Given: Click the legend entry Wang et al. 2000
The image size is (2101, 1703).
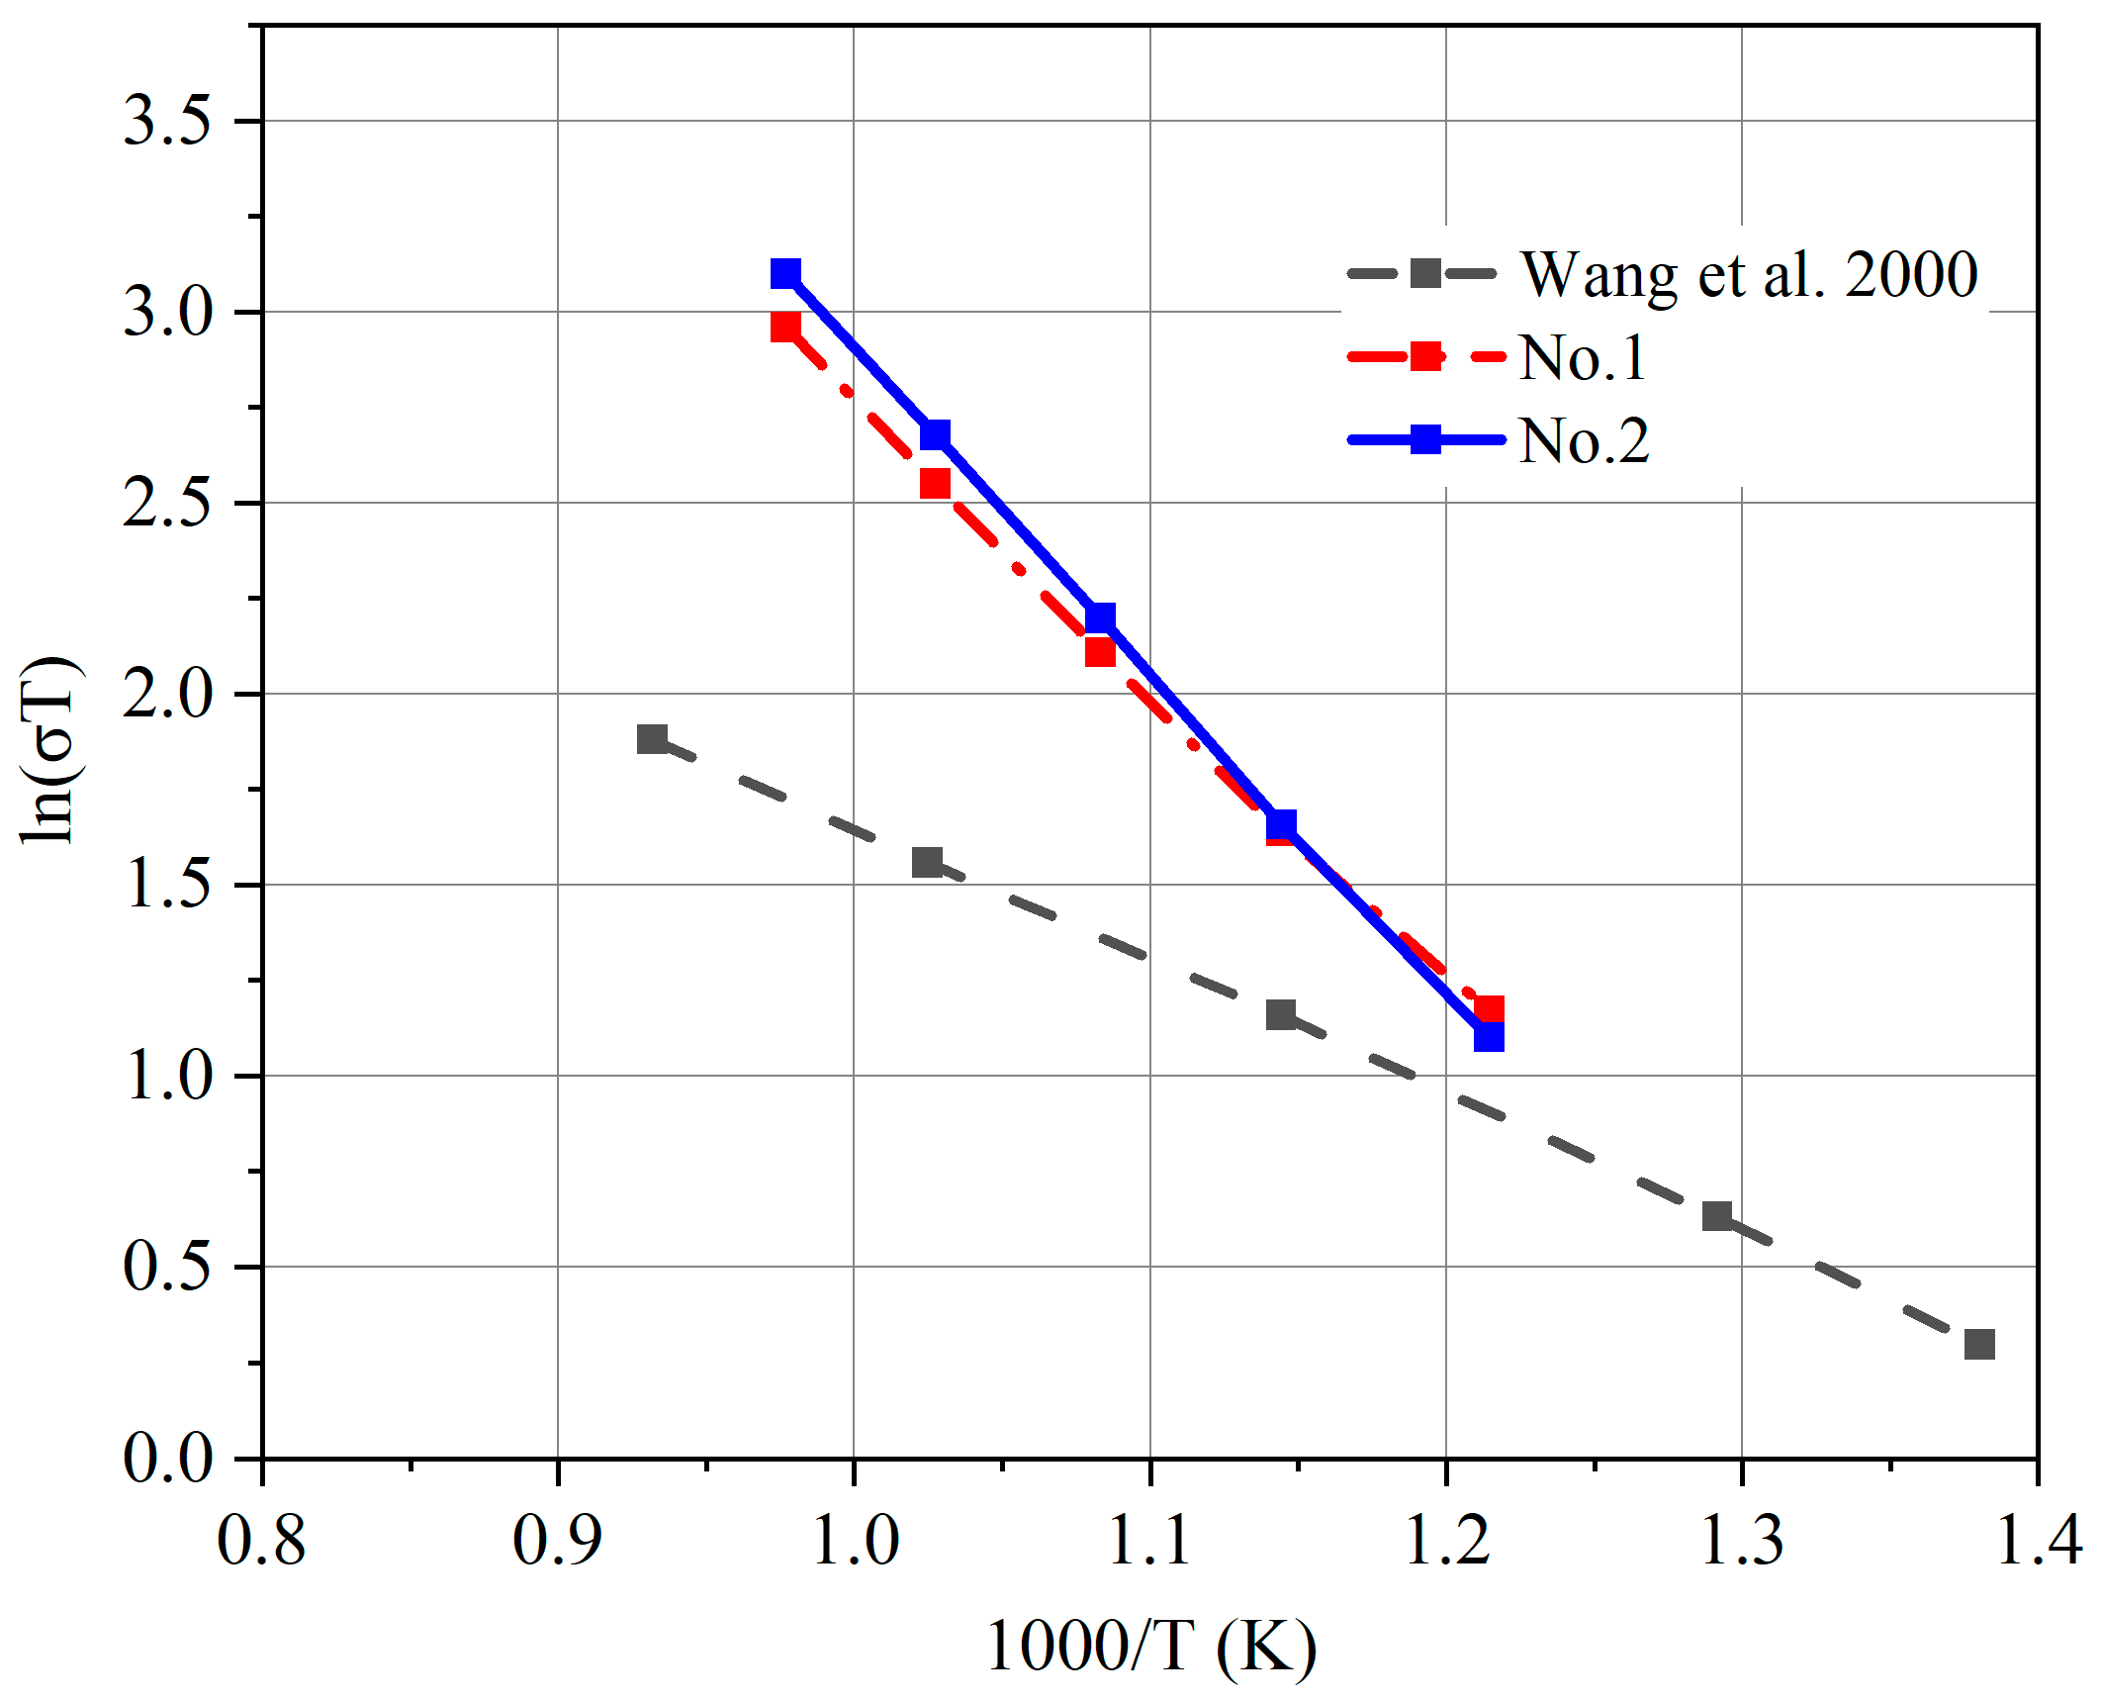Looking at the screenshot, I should (x=1748, y=274).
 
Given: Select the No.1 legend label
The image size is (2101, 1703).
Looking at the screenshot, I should (x=1582, y=357).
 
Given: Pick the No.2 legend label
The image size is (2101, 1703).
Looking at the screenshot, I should (x=1584, y=440).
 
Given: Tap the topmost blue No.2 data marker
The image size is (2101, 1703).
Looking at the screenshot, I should (x=785, y=273).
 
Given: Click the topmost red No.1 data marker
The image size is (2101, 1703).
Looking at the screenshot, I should (x=785, y=327).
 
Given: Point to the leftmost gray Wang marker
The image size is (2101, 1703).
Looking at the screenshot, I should (x=652, y=738).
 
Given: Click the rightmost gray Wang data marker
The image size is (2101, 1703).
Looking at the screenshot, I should (x=1978, y=1344).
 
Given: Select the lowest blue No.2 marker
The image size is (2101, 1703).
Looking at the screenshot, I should (x=1489, y=1037).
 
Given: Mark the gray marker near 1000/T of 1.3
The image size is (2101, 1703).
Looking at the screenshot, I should (x=1717, y=1216).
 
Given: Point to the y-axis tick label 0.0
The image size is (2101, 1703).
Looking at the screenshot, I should (x=167, y=1459).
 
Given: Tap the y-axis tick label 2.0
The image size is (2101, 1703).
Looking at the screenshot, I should (x=167, y=695).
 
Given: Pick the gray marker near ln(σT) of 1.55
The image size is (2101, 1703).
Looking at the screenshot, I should (x=927, y=862).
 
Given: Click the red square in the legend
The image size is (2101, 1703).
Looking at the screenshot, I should (x=1425, y=356).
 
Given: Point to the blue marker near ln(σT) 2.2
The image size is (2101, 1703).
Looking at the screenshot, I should (x=1100, y=618).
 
